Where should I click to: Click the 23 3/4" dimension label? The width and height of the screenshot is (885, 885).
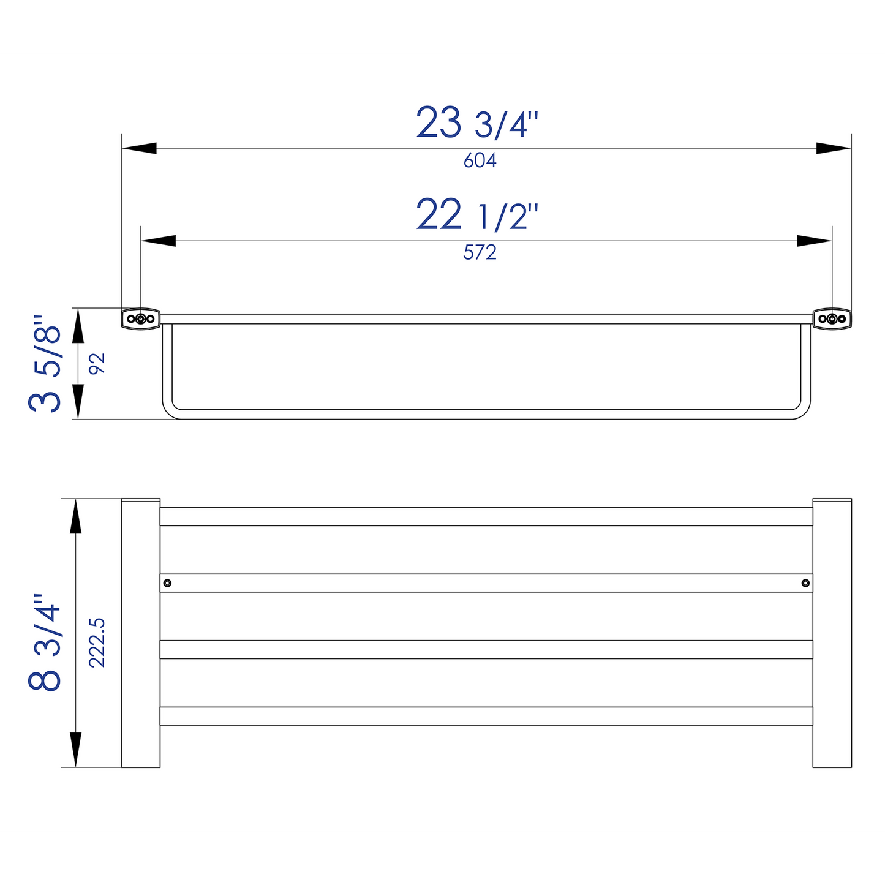(477, 122)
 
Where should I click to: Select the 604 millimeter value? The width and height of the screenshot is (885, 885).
(480, 160)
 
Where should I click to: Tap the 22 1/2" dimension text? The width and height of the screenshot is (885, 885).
(477, 215)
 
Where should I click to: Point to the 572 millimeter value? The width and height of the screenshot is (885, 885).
(480, 252)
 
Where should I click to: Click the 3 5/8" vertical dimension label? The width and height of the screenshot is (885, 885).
(45, 364)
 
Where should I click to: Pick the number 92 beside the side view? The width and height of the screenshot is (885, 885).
(97, 364)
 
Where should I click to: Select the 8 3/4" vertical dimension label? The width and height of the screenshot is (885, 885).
(45, 642)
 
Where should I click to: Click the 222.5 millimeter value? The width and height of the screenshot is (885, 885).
(97, 642)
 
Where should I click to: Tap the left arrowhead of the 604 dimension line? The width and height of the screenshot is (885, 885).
(138, 148)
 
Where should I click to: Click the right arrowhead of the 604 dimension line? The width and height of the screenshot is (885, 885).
(834, 148)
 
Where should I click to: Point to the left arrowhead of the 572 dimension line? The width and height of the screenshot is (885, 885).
(158, 241)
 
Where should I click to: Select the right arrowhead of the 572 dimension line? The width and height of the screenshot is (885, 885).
(815, 241)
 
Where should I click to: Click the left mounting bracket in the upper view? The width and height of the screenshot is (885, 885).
(141, 318)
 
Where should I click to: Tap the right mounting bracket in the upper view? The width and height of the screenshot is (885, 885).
(832, 318)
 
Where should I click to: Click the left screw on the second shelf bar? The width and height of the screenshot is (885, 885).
(167, 582)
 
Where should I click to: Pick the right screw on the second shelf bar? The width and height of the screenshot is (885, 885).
(805, 582)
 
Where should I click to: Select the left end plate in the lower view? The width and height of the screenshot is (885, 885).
(140, 633)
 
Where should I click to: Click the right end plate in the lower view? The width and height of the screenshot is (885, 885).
(832, 633)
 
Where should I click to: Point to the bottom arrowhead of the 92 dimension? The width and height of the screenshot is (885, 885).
(78, 402)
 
